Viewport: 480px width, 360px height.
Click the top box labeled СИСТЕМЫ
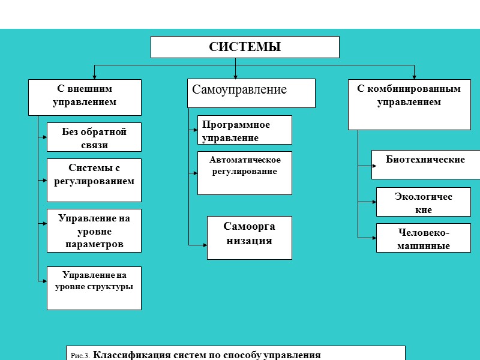click(245, 47)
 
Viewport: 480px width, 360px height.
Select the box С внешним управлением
click(85, 97)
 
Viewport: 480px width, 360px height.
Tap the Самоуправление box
click(251, 93)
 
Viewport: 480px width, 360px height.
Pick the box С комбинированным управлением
click(409, 104)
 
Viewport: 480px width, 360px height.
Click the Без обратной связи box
click(94, 137)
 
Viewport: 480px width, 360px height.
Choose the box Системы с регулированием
click(94, 180)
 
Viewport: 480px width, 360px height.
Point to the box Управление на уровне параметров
click(94, 230)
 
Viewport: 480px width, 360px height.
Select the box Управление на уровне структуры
click(94, 288)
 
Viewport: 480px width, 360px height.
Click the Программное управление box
click(244, 130)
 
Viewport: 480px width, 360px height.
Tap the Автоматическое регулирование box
click(244, 173)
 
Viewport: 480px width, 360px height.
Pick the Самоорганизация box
click(249, 238)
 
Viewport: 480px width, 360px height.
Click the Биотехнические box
click(425, 164)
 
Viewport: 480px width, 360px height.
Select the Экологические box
click(423, 202)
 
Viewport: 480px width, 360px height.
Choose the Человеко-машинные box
click(423, 238)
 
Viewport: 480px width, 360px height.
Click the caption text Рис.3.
click(80, 355)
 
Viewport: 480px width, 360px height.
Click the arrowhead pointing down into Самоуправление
click(236, 76)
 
